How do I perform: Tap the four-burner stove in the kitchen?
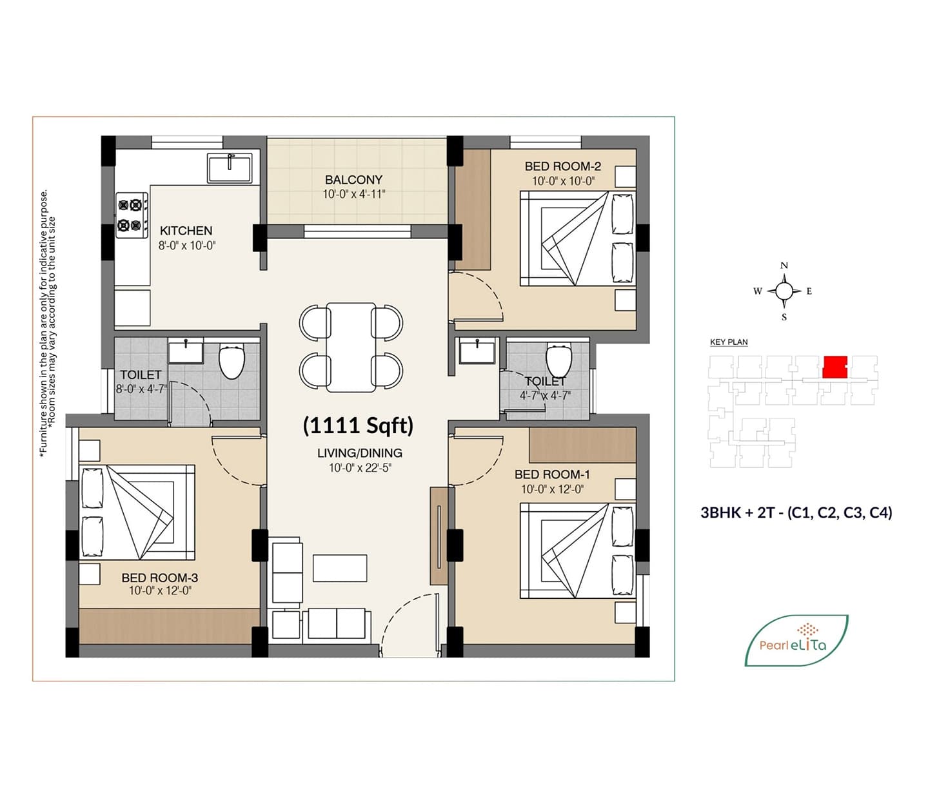pyautogui.click(x=132, y=215)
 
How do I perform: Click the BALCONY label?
pyautogui.click(x=354, y=180)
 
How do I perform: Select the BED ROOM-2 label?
pyautogui.click(x=563, y=166)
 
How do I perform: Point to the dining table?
pyautogui.click(x=351, y=347)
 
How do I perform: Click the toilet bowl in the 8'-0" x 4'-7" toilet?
pyautogui.click(x=232, y=360)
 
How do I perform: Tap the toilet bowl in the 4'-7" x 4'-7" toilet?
pyautogui.click(x=558, y=359)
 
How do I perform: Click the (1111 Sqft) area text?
pyautogui.click(x=359, y=425)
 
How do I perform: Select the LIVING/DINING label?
pyautogui.click(x=360, y=453)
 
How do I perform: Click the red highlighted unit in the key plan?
pyautogui.click(x=835, y=367)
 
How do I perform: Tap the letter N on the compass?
pyautogui.click(x=784, y=266)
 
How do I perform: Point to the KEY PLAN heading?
pyautogui.click(x=729, y=342)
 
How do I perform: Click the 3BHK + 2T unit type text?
pyautogui.click(x=796, y=512)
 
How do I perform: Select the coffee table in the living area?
pyautogui.click(x=340, y=568)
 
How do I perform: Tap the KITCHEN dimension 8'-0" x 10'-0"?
pyautogui.click(x=187, y=246)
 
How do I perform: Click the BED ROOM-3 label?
pyautogui.click(x=160, y=578)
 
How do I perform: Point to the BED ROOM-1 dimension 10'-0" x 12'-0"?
pyautogui.click(x=553, y=489)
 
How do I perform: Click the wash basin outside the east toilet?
pyautogui.click(x=477, y=353)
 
